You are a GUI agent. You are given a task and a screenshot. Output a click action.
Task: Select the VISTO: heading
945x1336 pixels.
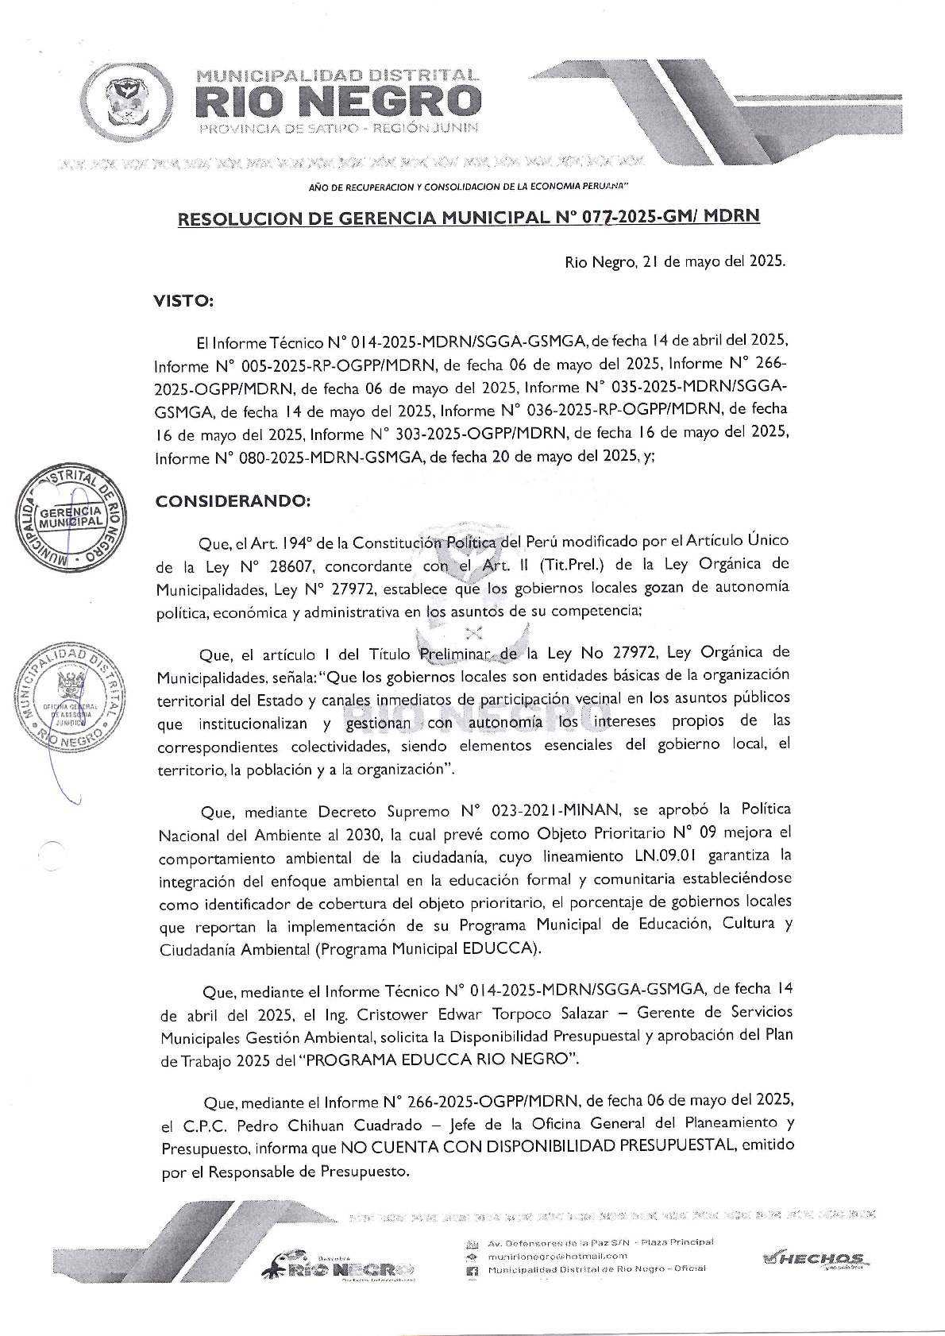pyautogui.click(x=183, y=301)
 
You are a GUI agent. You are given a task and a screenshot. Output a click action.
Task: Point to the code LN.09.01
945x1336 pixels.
pyautogui.click(x=654, y=857)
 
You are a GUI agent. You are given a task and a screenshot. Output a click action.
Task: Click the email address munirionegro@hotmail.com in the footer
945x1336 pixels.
pyautogui.click(x=557, y=1256)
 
